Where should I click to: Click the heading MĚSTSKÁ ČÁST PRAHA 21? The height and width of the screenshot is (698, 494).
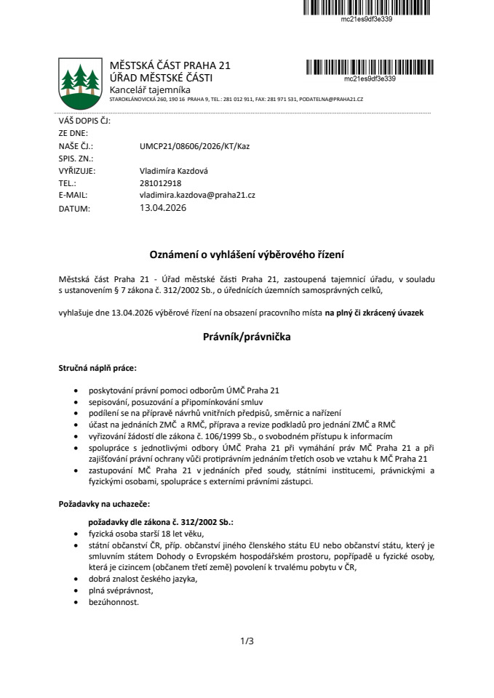pos(170,66)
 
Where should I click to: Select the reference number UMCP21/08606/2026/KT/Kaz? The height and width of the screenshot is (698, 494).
pos(194,146)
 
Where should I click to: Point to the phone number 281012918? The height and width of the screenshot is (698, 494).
pos(160,183)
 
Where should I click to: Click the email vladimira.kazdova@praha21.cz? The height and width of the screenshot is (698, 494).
pos(196,196)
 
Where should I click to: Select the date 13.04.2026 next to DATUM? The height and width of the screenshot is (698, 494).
pos(163,208)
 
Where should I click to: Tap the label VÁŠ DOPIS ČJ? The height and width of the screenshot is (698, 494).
pos(84,121)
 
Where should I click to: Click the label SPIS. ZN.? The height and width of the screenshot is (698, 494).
pos(76,158)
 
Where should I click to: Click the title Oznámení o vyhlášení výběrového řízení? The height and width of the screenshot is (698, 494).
pos(247,254)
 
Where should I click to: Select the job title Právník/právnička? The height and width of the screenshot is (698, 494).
pos(247,337)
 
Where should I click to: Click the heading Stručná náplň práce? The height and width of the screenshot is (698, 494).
pos(97,369)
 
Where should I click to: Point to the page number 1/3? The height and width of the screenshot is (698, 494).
pos(247,641)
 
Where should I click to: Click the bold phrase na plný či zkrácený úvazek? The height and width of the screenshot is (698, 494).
pos(374,312)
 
